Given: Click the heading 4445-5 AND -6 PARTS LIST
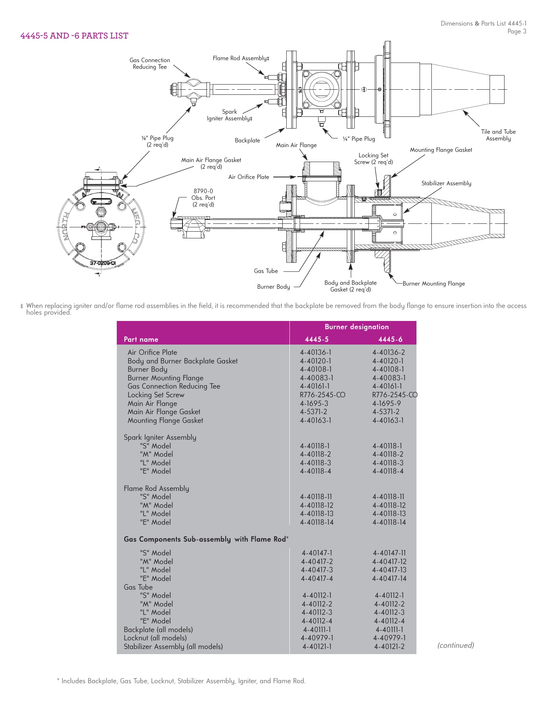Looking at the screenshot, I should point(74,36).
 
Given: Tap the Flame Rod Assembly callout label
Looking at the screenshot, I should point(241,58).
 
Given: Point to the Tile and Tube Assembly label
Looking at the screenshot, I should point(498,135).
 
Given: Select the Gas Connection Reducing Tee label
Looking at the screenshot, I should point(150,63).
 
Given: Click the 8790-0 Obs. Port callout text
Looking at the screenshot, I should point(203,198).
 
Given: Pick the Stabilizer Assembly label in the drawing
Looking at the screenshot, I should point(446,183).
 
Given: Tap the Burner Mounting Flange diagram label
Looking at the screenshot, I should point(433,284).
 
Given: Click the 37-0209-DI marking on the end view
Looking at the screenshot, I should point(103,263).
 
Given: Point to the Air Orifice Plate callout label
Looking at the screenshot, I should point(249,177).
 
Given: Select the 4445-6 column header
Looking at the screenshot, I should point(390,339).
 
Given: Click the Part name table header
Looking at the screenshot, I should point(141,339).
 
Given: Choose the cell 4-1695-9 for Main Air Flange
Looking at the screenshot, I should point(387,404).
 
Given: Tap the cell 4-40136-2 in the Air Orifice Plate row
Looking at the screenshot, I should point(389,352).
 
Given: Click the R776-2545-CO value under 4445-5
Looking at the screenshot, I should point(322,395).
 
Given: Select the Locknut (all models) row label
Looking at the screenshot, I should point(155,638).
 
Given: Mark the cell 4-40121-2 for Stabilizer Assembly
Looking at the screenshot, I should point(389,647).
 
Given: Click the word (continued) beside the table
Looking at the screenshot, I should point(456,645).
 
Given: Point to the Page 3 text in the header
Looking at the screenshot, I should point(517,31).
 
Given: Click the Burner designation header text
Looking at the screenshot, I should point(357,327).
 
